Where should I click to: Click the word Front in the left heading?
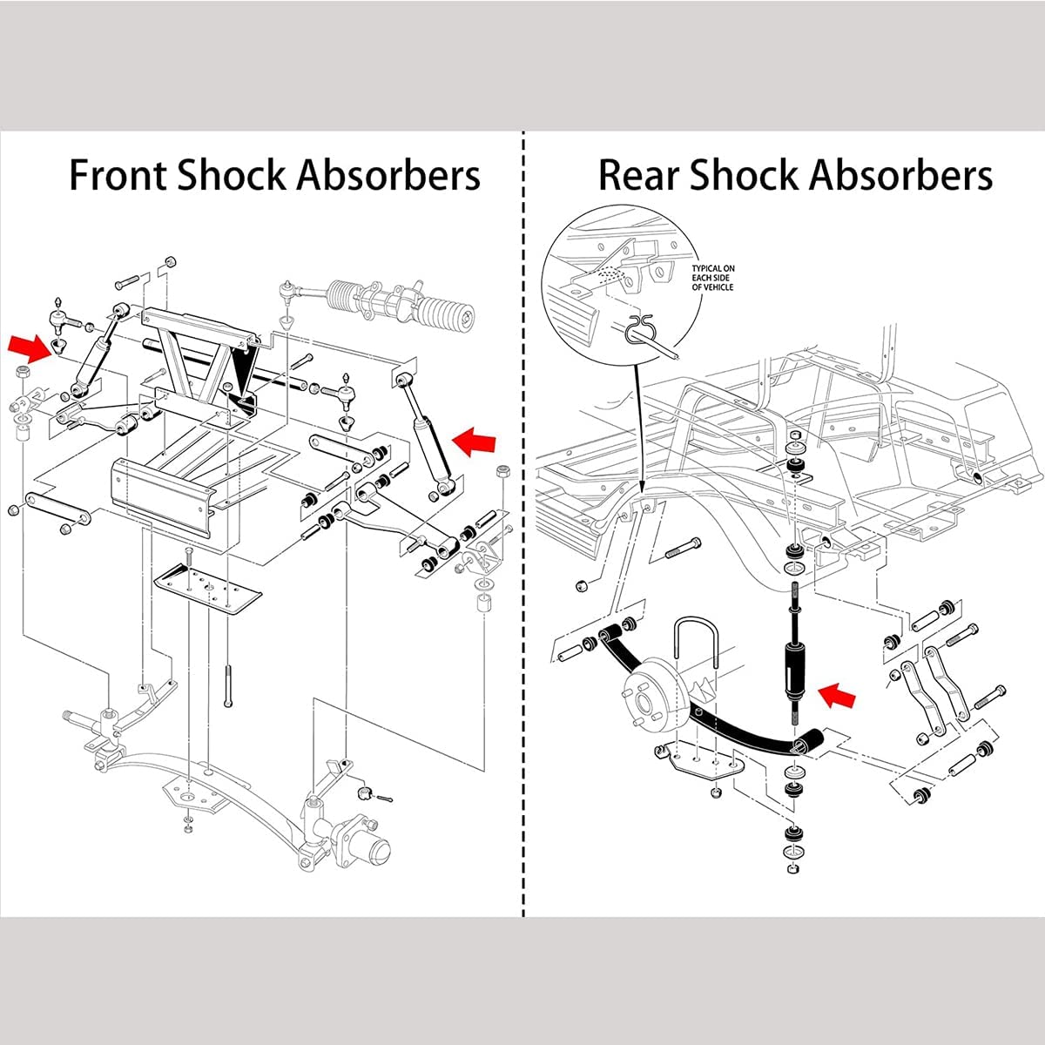tap(118, 175)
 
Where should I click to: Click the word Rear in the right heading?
tap(637, 175)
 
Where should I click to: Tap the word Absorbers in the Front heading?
tap(388, 175)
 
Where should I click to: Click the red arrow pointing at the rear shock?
tap(839, 695)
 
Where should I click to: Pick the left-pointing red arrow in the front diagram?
tap(475, 441)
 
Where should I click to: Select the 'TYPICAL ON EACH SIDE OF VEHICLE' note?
tap(712, 278)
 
